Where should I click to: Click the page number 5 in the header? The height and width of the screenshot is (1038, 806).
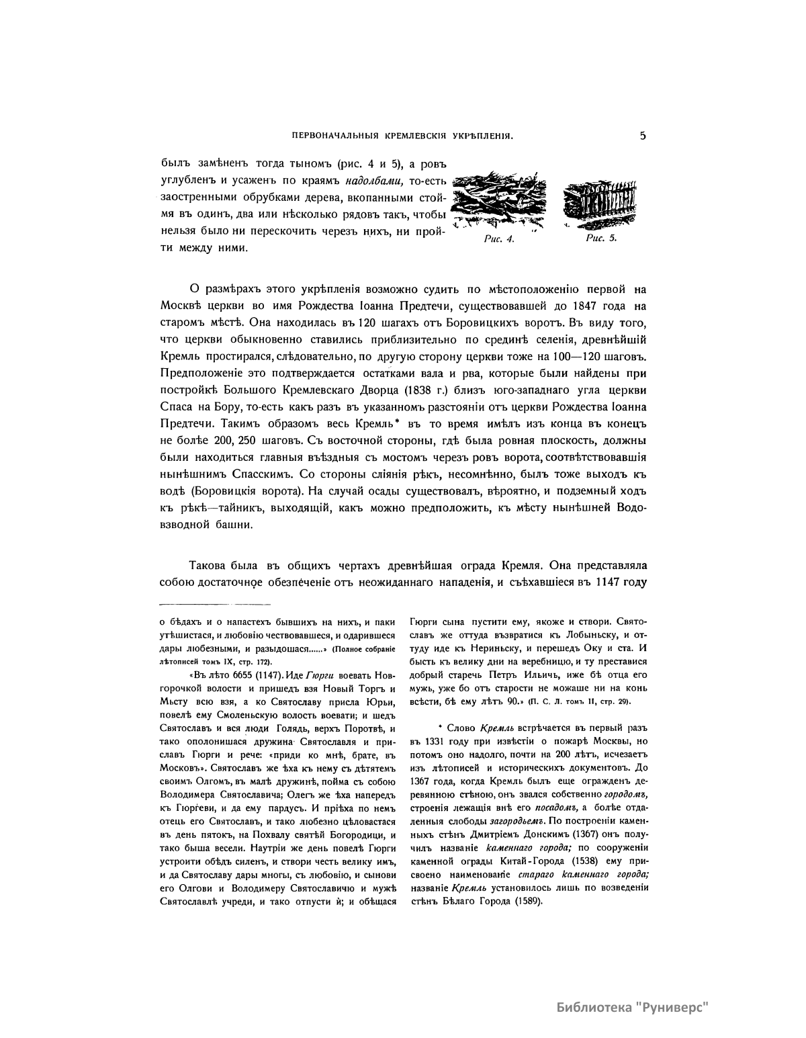643,136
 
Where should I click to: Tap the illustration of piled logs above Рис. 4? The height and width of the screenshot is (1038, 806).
498,204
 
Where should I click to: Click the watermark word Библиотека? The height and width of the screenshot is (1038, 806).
593,1007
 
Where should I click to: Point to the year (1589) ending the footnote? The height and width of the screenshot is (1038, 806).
528,902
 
